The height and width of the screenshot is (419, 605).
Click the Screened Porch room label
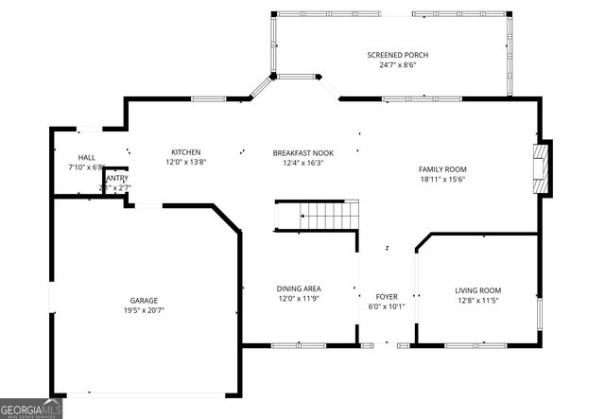(x=391, y=56)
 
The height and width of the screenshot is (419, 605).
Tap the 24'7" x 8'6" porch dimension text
(x=391, y=66)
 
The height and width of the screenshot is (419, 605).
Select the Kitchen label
(x=185, y=152)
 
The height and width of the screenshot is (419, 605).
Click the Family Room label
(x=442, y=169)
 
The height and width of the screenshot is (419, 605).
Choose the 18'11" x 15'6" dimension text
(x=442, y=180)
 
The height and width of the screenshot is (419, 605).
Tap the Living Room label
(x=478, y=290)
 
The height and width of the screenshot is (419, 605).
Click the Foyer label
(x=387, y=296)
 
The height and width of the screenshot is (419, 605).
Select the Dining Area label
(x=299, y=289)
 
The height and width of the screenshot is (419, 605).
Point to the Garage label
(x=144, y=300)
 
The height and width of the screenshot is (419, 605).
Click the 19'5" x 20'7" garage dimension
(x=144, y=310)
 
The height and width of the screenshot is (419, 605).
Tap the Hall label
(x=87, y=158)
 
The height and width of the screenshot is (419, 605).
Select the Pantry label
(x=116, y=178)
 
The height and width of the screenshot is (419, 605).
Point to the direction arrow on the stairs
(x=303, y=217)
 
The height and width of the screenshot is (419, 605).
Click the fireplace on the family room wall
(x=542, y=169)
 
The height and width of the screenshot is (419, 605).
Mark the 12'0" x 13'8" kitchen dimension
(x=185, y=163)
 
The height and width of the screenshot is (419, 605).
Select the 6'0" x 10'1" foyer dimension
(x=387, y=306)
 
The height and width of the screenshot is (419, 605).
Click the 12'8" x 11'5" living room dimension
(x=478, y=301)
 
